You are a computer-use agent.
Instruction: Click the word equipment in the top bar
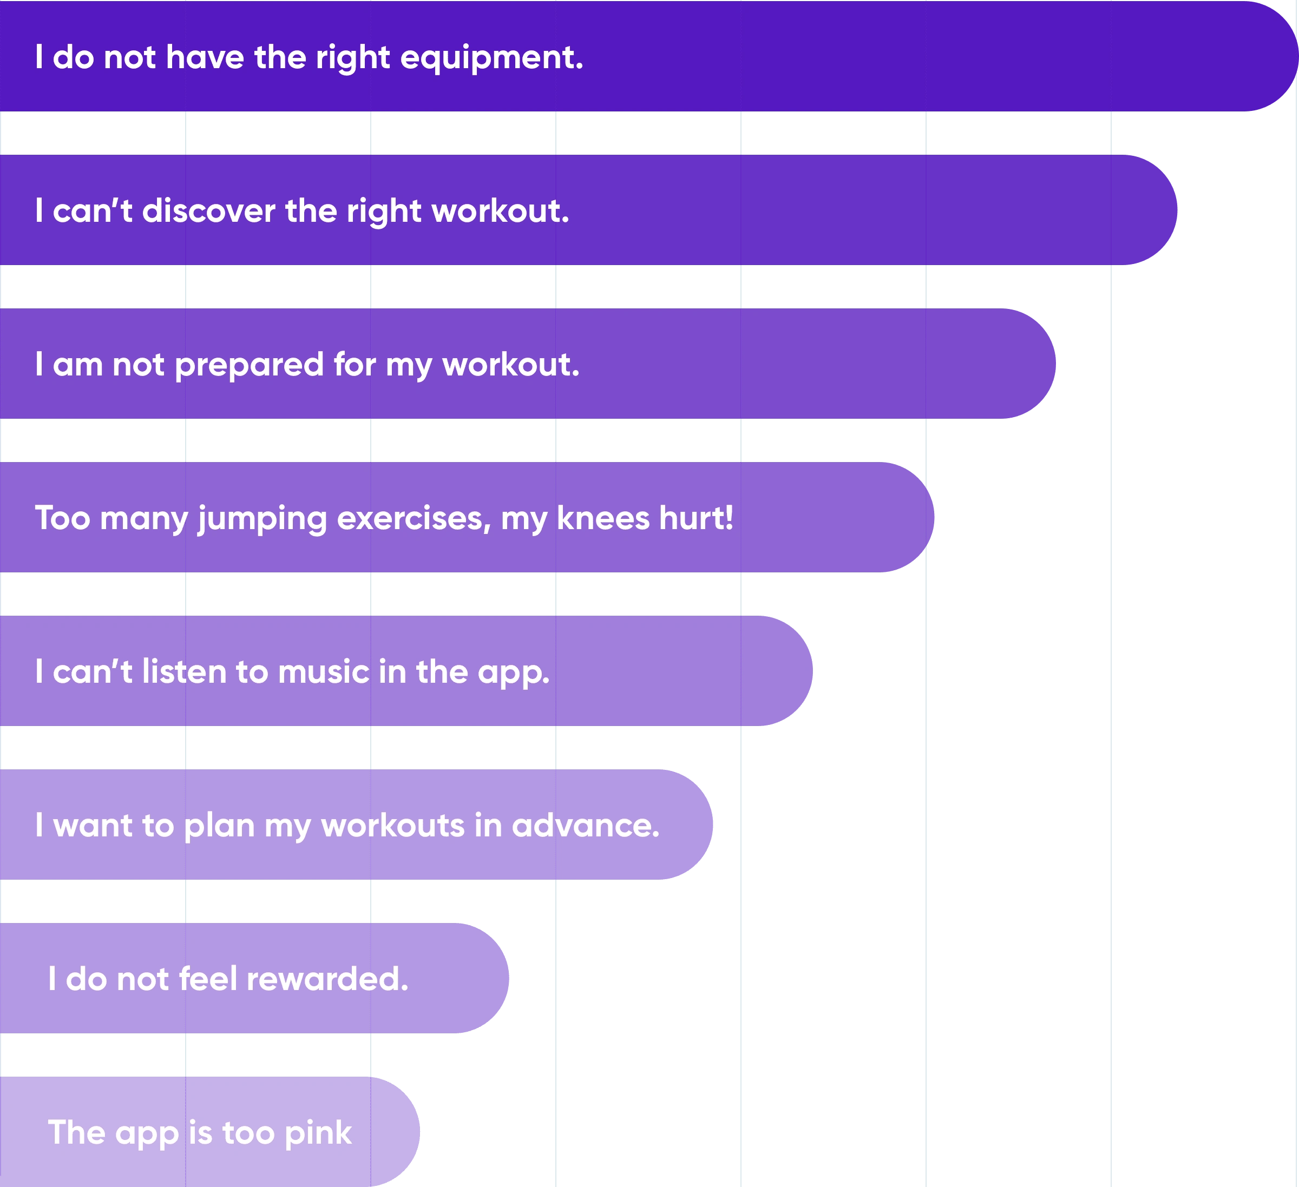491,58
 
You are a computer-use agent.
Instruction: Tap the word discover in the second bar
208,210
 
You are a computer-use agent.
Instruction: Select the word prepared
249,365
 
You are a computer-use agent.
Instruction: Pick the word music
324,672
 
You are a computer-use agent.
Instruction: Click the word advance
585,825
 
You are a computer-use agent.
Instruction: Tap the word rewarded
327,979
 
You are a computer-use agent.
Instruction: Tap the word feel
208,979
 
